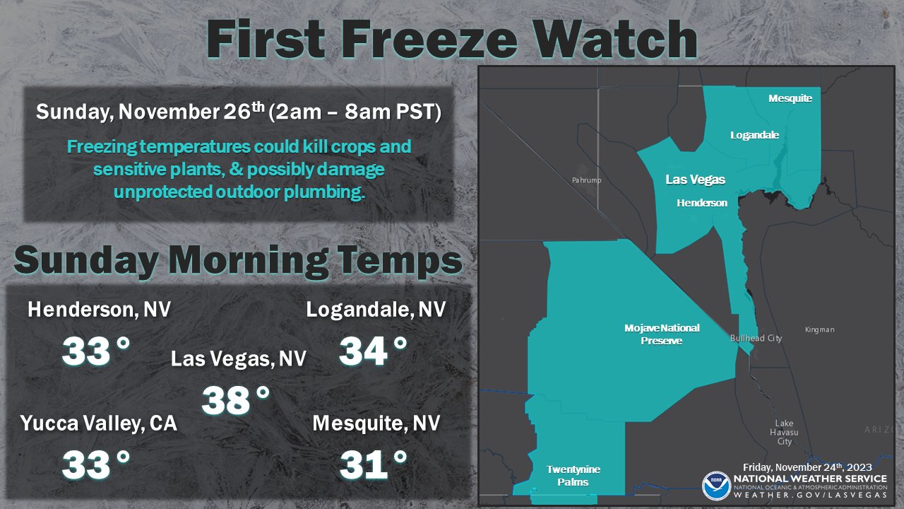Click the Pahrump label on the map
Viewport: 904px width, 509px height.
tap(586, 181)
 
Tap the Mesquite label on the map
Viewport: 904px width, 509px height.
tap(790, 99)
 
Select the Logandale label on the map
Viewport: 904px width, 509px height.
tap(754, 135)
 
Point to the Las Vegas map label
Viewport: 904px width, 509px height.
tap(695, 180)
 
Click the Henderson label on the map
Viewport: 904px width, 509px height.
tap(701, 203)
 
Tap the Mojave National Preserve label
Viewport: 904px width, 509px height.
tap(662, 334)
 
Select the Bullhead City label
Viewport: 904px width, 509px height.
tap(756, 339)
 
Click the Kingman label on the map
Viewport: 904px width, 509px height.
tap(819, 330)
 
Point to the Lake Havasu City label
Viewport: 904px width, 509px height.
tap(784, 433)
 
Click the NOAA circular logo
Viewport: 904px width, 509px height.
tap(715, 486)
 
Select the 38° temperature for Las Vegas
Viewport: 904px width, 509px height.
tap(236, 401)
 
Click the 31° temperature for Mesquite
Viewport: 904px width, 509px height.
tap(374, 464)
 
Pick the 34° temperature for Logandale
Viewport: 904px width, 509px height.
tap(373, 351)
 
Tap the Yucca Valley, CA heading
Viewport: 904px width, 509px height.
tap(98, 423)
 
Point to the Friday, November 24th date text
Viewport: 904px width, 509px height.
tap(807, 467)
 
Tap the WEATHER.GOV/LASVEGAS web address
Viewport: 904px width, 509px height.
tap(810, 495)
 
